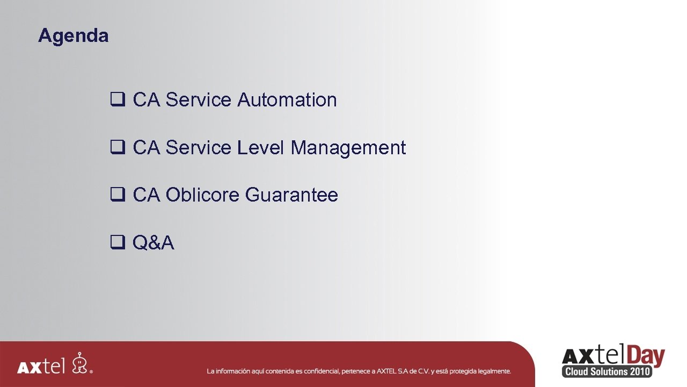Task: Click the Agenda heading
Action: pyautogui.click(x=74, y=36)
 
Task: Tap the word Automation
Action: pyautogui.click(x=287, y=100)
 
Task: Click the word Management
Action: pyautogui.click(x=348, y=148)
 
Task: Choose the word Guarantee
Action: pyautogui.click(x=291, y=195)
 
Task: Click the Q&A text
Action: pyautogui.click(x=154, y=243)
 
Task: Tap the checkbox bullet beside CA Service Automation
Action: pyautogui.click(x=118, y=100)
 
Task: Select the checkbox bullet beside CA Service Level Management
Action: pyautogui.click(x=118, y=148)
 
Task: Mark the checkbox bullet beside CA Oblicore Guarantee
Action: pyautogui.click(x=118, y=195)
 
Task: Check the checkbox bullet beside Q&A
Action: pyautogui.click(x=118, y=243)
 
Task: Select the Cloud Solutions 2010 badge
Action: pyautogui.click(x=607, y=371)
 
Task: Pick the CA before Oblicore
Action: pyautogui.click(x=147, y=195)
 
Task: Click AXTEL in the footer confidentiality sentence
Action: pyautogui.click(x=388, y=371)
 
